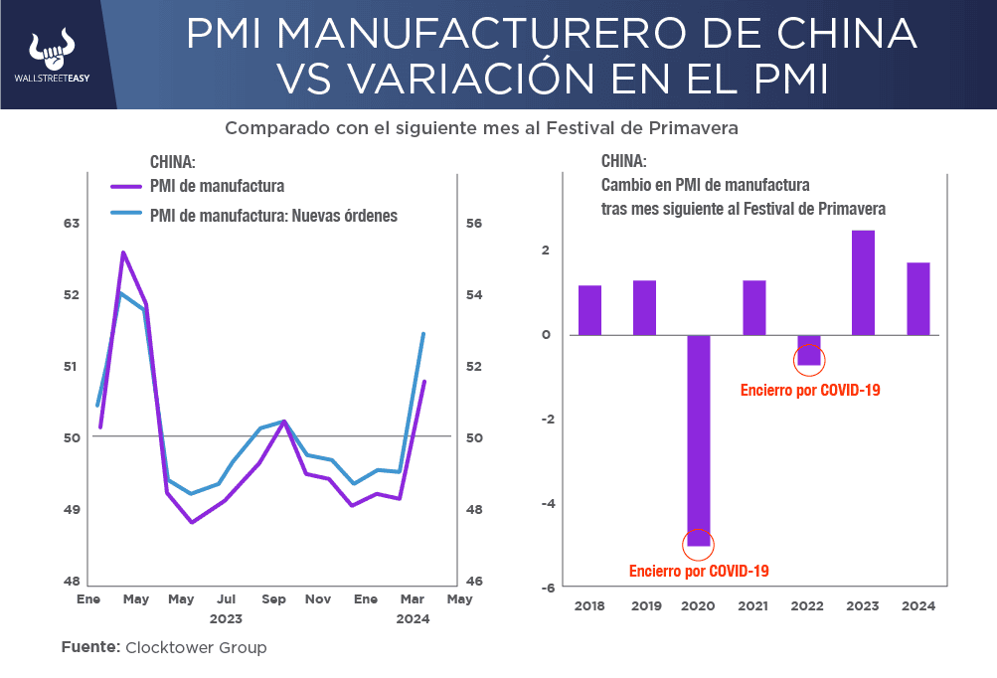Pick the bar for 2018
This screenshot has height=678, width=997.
point(590,310)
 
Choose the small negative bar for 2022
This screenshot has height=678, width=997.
point(809,350)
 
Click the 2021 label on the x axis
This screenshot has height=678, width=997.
point(753,605)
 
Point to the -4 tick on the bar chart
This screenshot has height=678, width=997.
point(546,503)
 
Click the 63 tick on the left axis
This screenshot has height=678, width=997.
point(71,224)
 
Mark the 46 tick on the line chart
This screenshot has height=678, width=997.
point(474,582)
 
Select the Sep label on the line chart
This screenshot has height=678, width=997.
point(274,599)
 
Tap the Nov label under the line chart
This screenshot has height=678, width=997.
point(318,599)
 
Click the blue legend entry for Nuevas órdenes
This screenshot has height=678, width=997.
point(273,215)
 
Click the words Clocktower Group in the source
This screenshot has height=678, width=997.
point(196,647)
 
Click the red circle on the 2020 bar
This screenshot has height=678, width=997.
point(699,544)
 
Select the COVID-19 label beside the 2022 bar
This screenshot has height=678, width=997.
point(810,391)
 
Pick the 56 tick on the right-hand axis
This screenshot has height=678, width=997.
point(474,224)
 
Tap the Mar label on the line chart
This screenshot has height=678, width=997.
point(411,599)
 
